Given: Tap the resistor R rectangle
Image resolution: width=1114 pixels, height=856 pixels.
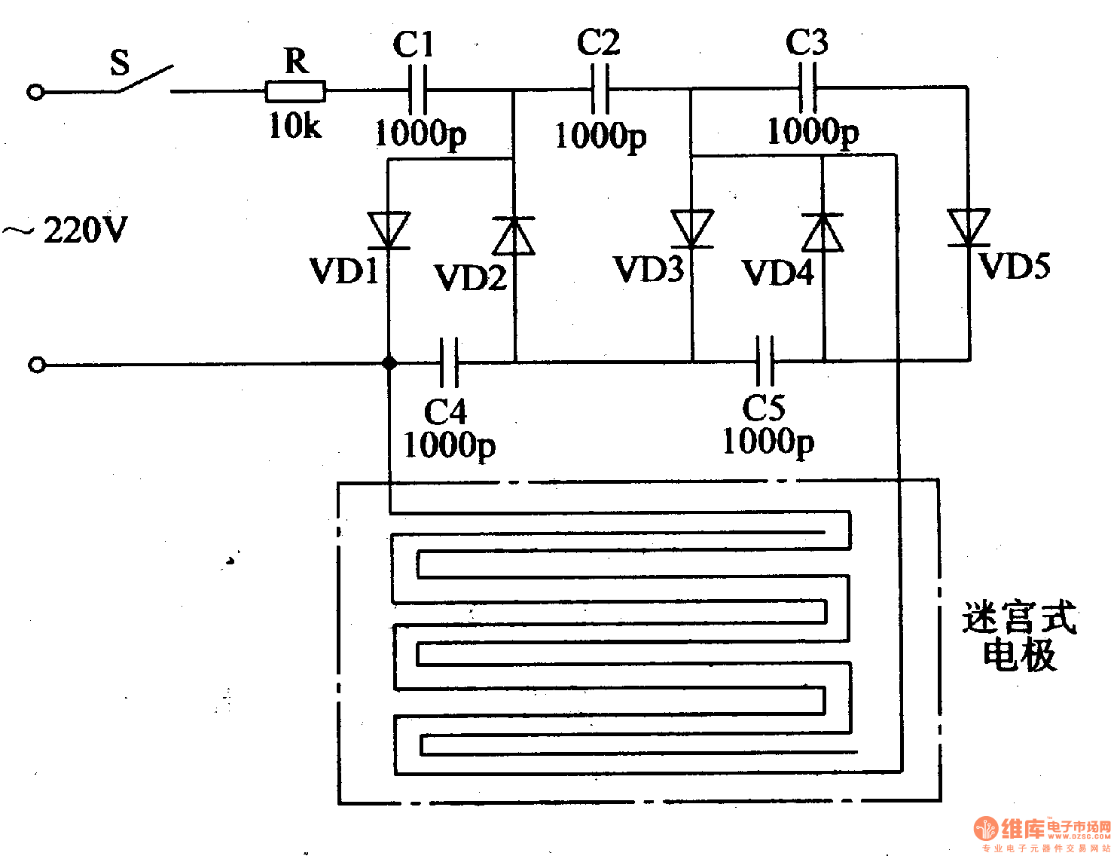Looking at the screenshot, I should tap(295, 91).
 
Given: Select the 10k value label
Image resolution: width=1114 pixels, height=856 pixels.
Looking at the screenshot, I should tap(295, 126).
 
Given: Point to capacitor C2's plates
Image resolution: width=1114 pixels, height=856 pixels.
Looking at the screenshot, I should tap(600, 89).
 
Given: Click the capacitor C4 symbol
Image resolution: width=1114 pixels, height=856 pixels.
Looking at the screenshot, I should tap(449, 362).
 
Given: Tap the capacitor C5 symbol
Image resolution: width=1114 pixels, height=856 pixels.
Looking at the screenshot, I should tap(765, 361).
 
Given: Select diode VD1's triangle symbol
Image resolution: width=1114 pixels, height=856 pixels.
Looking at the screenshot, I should tap(389, 230).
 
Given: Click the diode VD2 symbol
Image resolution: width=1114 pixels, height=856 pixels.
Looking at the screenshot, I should tap(514, 235).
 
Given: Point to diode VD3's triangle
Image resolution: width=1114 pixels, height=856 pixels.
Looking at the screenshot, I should tap(691, 228).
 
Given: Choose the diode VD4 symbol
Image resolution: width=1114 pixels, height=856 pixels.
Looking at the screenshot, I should tap(823, 232).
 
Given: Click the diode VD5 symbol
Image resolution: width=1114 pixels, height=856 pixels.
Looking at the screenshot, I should tap(969, 227).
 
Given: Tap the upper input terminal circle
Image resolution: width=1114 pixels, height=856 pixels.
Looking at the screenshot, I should tap(35, 92).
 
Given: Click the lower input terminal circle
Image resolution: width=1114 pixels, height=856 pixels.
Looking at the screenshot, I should tap(37, 365).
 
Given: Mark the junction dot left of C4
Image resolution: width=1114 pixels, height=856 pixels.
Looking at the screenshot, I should tap(389, 363).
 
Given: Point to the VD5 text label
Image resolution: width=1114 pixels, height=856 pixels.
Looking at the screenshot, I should tap(1015, 266).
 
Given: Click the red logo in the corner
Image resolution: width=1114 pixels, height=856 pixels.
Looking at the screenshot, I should tap(986, 829).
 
